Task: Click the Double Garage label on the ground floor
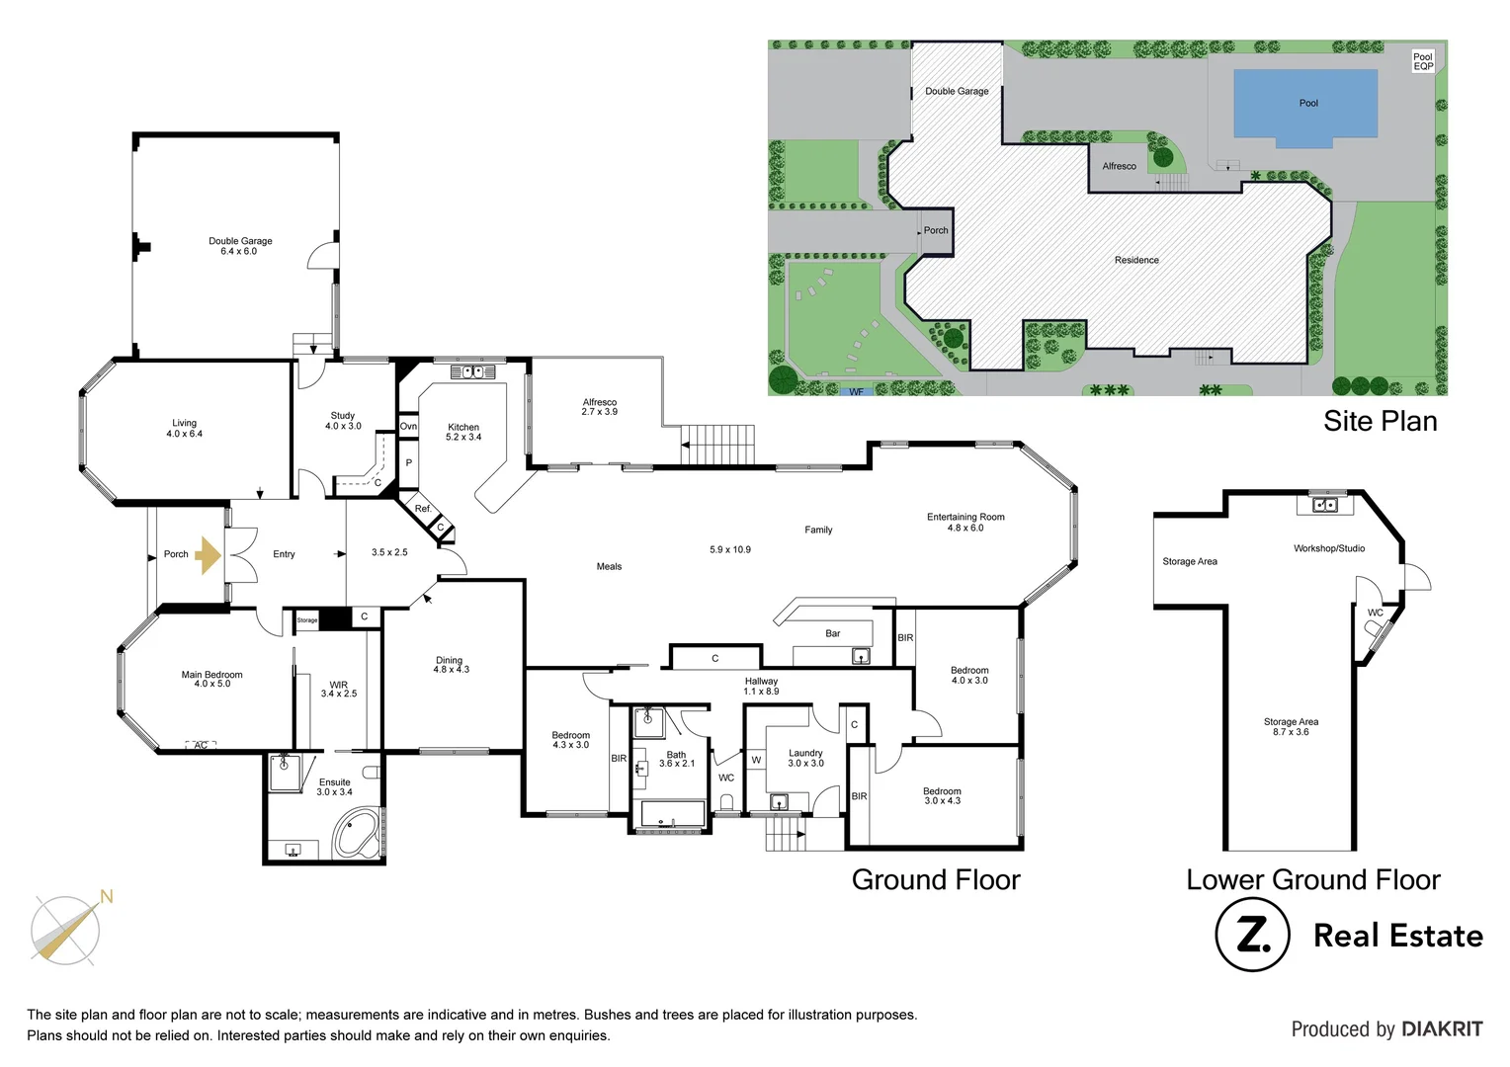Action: pyautogui.click(x=240, y=246)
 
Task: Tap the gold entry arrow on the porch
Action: pyautogui.click(x=208, y=555)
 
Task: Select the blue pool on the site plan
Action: pyautogui.click(x=1305, y=104)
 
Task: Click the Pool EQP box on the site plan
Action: pyautogui.click(x=1422, y=61)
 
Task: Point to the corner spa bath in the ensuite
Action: pyautogui.click(x=357, y=834)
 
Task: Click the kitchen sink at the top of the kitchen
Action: pyautogui.click(x=472, y=371)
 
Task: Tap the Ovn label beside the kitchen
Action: pyautogui.click(x=408, y=427)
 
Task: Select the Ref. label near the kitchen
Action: pyautogui.click(x=423, y=509)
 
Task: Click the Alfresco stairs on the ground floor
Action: pyautogui.click(x=718, y=444)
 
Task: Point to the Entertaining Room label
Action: pyautogui.click(x=965, y=522)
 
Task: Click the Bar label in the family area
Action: pyautogui.click(x=833, y=633)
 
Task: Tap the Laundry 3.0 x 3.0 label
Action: pyautogui.click(x=805, y=758)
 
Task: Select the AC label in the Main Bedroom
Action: pyautogui.click(x=201, y=745)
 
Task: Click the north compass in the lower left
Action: pyautogui.click(x=66, y=929)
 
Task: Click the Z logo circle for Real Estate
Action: pyautogui.click(x=1252, y=935)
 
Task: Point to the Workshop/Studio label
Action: pyautogui.click(x=1329, y=548)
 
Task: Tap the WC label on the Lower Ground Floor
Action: pyautogui.click(x=1375, y=613)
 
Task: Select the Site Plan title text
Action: pyautogui.click(x=1380, y=421)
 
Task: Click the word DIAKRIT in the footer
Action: pyautogui.click(x=1441, y=1029)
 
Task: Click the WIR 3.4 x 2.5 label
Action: pyautogui.click(x=339, y=689)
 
